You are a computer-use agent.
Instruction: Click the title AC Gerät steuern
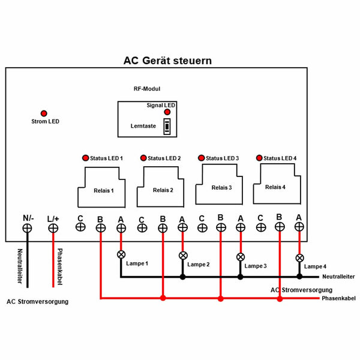click(167, 61)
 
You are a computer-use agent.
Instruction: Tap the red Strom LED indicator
click(44, 113)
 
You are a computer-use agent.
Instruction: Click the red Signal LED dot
click(167, 112)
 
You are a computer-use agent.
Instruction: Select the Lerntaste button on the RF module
click(167, 127)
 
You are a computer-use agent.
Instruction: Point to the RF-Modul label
click(146, 88)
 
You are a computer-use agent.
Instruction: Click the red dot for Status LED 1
click(85, 158)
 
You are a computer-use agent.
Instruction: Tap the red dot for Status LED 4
click(259, 158)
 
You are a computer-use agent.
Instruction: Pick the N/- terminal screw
click(28, 228)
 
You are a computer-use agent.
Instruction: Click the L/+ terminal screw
click(53, 228)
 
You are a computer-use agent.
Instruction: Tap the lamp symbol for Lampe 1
click(121, 254)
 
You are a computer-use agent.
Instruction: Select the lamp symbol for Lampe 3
click(241, 257)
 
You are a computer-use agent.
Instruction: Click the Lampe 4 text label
click(316, 266)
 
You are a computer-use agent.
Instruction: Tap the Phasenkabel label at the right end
click(337, 298)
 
